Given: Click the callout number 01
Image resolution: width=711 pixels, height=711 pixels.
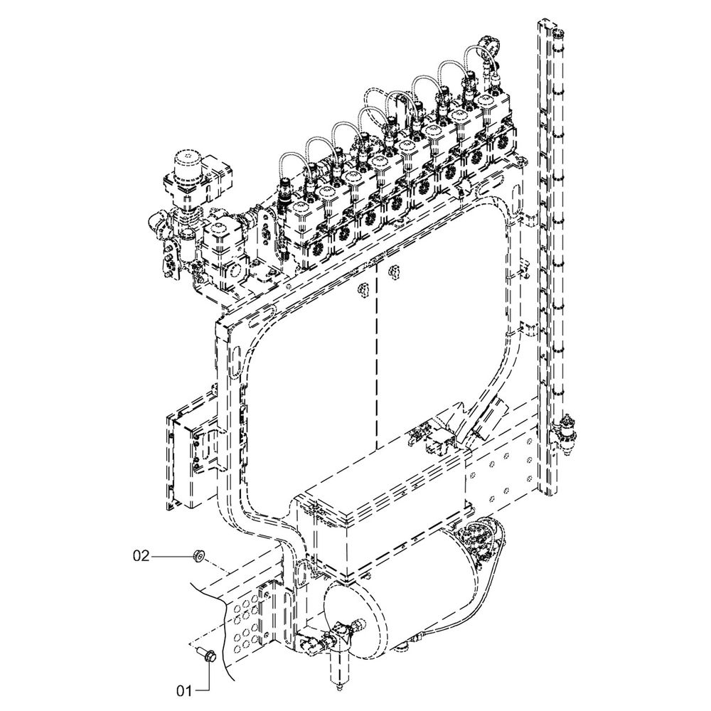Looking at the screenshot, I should (x=185, y=689).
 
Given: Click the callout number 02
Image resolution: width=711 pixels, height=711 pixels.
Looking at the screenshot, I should (x=141, y=555).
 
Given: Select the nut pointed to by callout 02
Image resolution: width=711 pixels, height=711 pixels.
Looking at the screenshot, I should (x=198, y=555).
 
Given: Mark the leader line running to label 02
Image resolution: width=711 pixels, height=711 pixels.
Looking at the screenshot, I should (x=171, y=555).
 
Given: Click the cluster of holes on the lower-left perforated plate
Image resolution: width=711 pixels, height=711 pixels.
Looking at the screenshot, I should (x=245, y=626).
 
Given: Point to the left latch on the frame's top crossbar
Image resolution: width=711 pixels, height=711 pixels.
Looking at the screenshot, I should (x=361, y=287).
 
